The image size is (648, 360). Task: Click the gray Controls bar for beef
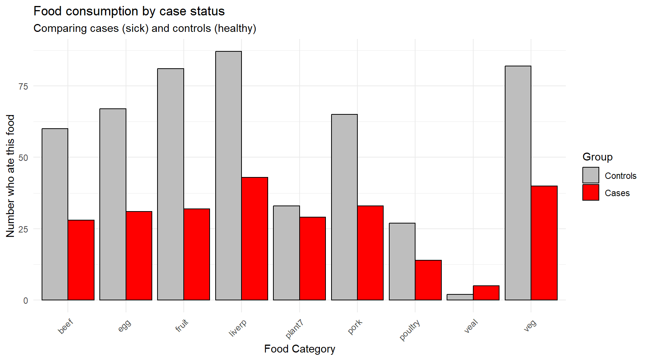[x=55, y=214]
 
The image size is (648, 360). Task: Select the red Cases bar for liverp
[x=255, y=238]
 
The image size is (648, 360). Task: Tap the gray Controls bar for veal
[x=460, y=297]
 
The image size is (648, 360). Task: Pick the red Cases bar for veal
[x=486, y=293]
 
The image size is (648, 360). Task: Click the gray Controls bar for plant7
[x=286, y=253]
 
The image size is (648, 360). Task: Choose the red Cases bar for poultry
[x=428, y=280]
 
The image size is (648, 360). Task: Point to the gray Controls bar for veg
[x=518, y=183]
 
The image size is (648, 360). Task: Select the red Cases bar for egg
[x=139, y=256]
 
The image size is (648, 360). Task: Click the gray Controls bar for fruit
[x=171, y=184]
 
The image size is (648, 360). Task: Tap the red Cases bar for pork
[x=370, y=253]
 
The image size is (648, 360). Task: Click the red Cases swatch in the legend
[x=591, y=193]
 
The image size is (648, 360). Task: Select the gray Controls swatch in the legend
[x=591, y=175]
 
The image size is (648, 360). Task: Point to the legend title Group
[x=597, y=157]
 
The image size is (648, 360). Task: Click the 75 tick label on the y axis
[x=23, y=86]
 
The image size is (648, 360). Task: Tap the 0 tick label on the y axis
[x=25, y=300]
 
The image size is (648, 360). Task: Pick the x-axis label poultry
[x=409, y=330]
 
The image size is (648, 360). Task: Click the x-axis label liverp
[x=238, y=327]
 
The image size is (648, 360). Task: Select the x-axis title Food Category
[x=299, y=349]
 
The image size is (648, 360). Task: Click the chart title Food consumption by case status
[x=129, y=11]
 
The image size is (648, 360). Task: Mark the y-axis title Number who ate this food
[x=10, y=175]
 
